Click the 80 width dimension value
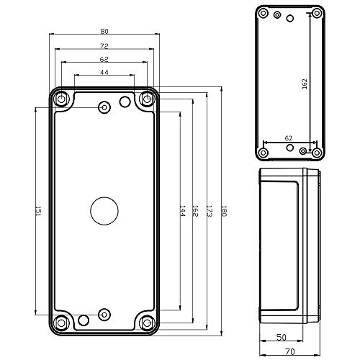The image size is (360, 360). click(x=104, y=31)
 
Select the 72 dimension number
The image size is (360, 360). click(x=104, y=45)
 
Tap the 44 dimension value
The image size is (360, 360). click(x=104, y=73)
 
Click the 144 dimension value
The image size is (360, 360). click(x=182, y=212)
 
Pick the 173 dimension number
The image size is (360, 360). click(x=209, y=212)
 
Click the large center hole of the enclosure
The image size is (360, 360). click(x=104, y=211)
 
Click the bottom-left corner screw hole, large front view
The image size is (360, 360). click(x=60, y=323)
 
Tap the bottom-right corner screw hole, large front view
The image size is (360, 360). click(x=148, y=323)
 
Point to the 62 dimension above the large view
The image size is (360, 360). click(x=104, y=59)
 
